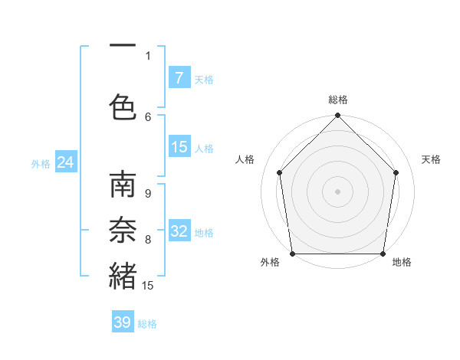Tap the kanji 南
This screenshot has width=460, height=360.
[123, 186]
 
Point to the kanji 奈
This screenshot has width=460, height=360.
[123, 231]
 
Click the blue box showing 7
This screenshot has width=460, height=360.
[179, 78]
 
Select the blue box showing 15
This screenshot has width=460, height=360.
[179, 147]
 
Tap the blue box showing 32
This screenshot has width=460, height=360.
[179, 231]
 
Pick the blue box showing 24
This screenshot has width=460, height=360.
[65, 162]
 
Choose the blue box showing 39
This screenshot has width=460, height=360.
[123, 322]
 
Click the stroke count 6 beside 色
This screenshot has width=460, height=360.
[148, 116]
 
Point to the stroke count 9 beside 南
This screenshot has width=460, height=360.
[148, 194]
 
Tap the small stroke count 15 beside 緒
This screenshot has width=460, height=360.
[148, 286]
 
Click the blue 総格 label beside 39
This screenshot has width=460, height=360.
[147, 324]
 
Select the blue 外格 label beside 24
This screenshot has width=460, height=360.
[41, 163]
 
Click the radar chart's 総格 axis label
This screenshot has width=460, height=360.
[338, 100]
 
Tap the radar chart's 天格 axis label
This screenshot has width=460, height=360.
[431, 159]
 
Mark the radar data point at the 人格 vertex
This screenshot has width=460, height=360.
[279, 172]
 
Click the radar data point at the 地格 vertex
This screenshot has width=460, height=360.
[383, 254]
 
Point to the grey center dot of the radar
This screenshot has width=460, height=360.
[338, 191]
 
